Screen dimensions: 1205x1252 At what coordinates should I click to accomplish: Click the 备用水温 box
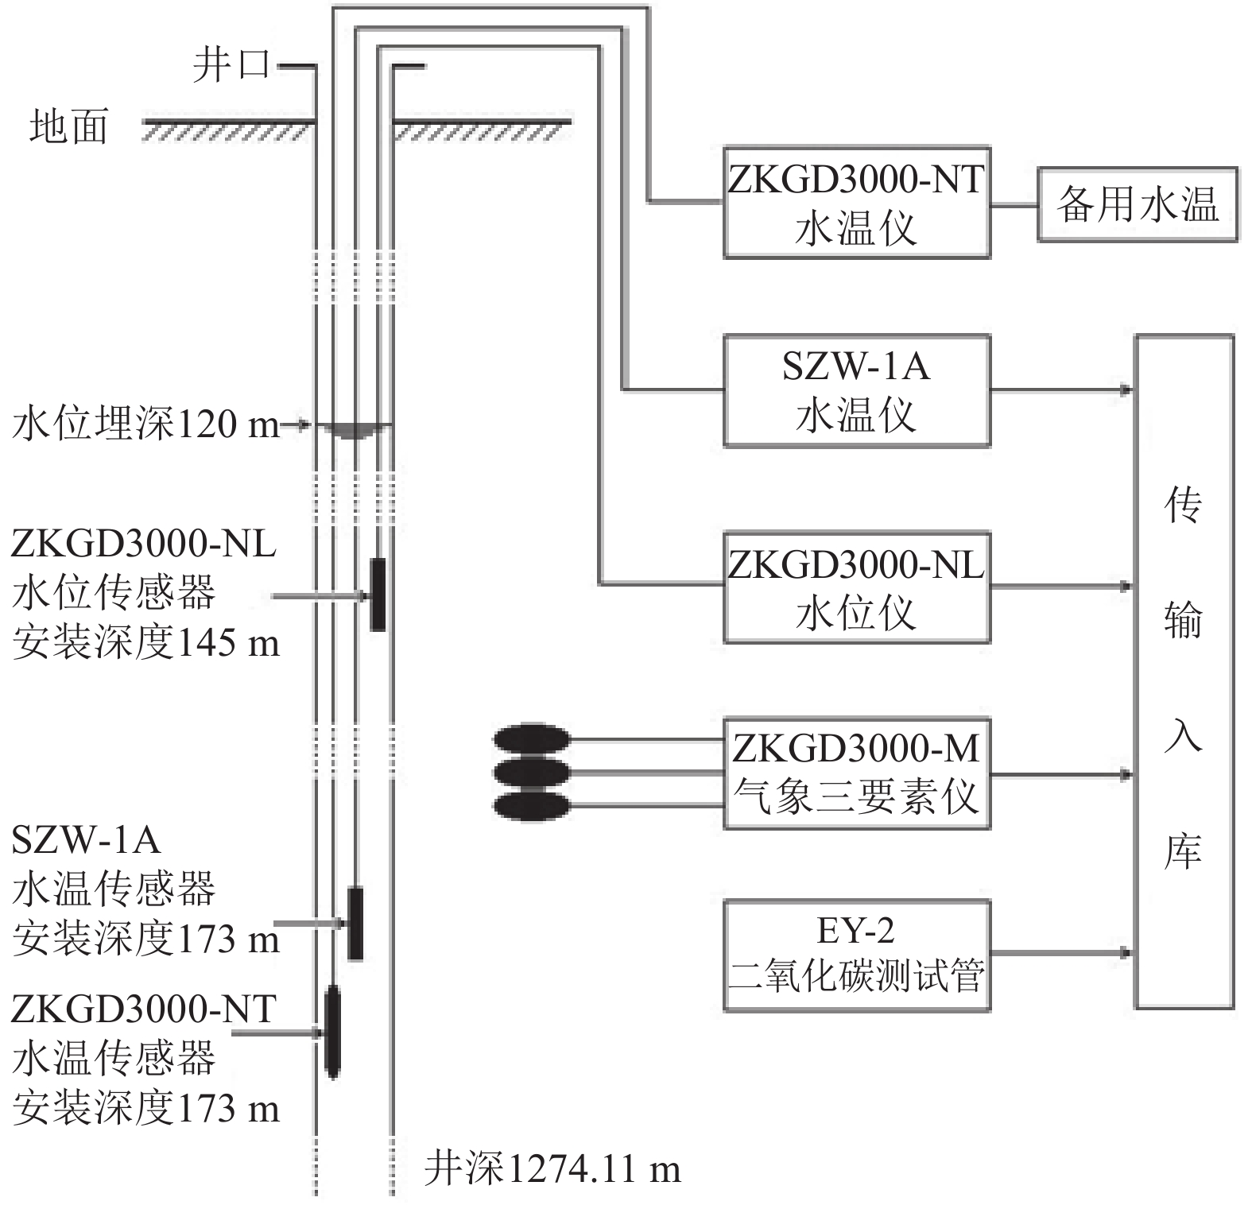click(1137, 204)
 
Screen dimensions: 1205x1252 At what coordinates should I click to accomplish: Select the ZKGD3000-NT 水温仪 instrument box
click(856, 203)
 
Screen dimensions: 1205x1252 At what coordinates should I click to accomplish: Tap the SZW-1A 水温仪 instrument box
click(856, 390)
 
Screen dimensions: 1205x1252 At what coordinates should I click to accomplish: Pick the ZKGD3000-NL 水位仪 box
click(856, 587)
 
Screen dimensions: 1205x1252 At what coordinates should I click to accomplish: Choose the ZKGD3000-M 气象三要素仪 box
click(856, 773)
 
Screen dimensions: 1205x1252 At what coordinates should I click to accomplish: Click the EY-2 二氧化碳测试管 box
click(856, 955)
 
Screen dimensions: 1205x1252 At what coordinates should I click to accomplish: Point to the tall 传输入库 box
click(1184, 672)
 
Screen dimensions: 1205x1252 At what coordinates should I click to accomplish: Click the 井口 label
click(231, 64)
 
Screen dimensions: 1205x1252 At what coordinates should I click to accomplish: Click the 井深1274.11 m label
click(552, 1169)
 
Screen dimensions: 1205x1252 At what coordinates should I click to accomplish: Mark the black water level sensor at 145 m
click(378, 594)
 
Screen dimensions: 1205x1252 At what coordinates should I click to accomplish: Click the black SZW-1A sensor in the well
click(355, 923)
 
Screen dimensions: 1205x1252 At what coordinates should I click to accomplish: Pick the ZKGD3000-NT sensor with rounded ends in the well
click(332, 1032)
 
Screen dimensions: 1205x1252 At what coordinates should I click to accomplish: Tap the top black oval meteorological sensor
click(532, 739)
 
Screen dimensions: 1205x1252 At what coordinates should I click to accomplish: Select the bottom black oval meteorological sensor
click(532, 806)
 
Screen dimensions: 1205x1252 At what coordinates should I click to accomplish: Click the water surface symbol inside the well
click(355, 430)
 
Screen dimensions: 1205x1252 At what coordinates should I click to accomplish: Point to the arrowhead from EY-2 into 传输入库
click(1126, 952)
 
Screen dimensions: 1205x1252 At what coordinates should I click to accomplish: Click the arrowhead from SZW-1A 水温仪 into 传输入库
click(1126, 390)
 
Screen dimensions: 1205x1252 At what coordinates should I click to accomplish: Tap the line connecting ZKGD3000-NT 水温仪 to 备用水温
click(1014, 204)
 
